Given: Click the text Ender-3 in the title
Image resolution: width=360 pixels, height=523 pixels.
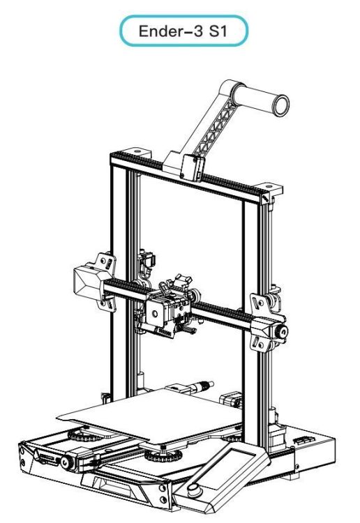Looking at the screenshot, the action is click(x=170, y=31).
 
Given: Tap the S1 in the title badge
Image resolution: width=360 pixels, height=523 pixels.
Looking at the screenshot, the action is click(x=218, y=31).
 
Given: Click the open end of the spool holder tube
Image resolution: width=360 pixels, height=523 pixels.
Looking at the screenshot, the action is click(x=280, y=105).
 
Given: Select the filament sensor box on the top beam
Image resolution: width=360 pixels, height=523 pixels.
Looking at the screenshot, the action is click(x=192, y=167).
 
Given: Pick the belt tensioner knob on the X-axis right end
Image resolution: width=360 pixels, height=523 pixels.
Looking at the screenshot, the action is click(x=282, y=331).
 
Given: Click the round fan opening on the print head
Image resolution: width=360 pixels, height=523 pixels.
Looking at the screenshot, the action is click(x=155, y=314).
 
